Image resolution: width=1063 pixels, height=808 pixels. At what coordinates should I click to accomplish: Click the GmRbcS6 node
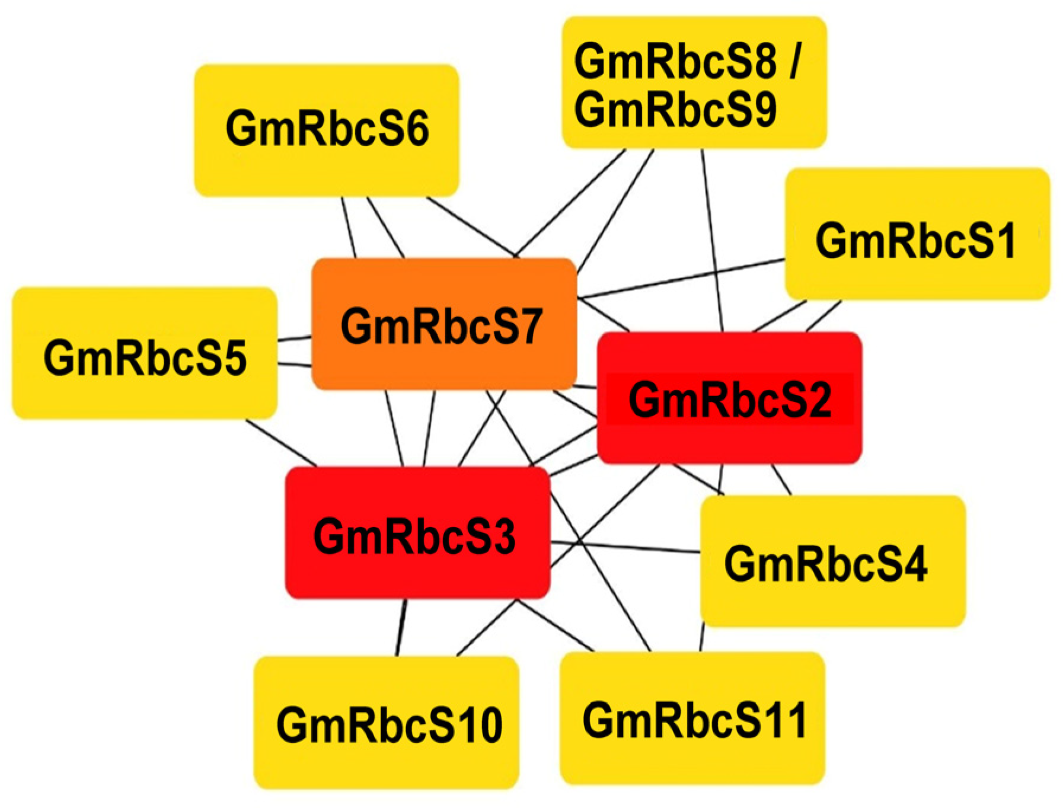tap(327, 130)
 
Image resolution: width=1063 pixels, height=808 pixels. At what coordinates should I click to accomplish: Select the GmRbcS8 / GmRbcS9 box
tap(694, 83)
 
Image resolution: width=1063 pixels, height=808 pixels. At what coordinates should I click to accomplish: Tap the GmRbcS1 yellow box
tap(917, 234)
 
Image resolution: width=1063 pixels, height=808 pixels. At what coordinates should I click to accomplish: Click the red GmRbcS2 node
tap(729, 398)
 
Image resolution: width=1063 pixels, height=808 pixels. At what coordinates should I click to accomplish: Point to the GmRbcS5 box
tap(145, 353)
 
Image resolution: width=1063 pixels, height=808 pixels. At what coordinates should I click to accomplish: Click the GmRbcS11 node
tap(692, 718)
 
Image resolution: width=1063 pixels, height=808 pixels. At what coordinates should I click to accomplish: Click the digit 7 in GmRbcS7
tap(528, 326)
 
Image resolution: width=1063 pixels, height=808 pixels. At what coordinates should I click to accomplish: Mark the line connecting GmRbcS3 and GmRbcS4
tap(625, 547)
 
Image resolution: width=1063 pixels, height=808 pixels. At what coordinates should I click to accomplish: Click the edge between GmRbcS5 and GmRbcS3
tap(281, 442)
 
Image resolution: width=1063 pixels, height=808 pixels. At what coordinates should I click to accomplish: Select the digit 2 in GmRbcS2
tap(819, 400)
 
